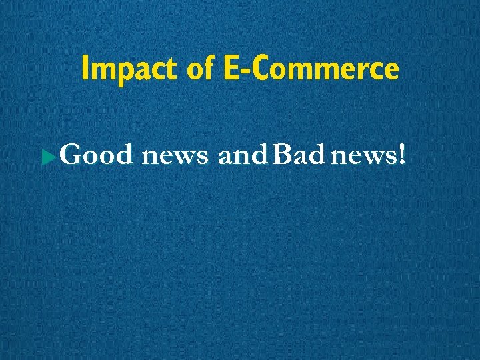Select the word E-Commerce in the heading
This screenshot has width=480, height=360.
point(308,69)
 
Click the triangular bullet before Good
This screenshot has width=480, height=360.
point(46,159)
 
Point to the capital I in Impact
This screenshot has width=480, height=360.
point(84,69)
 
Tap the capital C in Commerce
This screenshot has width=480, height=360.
point(263,69)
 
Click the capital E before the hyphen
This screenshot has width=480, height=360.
point(232,69)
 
